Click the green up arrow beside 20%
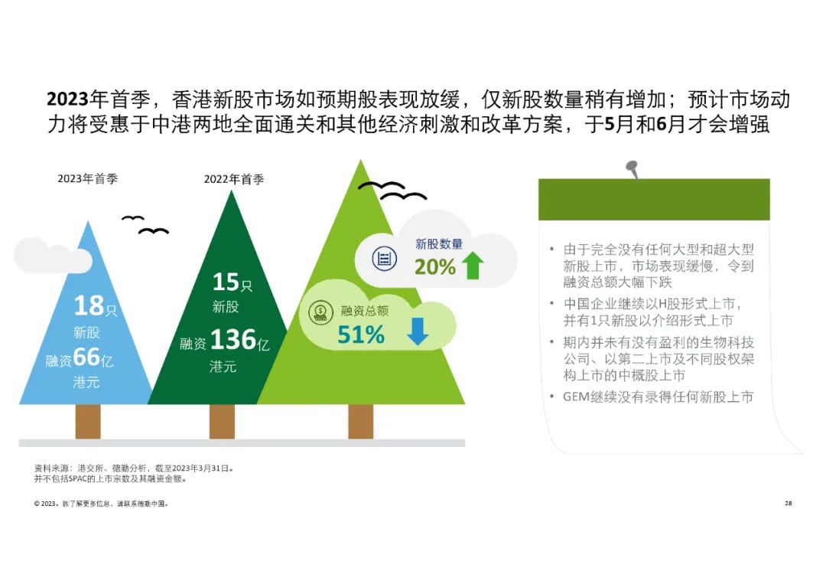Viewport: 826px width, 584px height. [x=473, y=266]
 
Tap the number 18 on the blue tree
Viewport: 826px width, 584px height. [x=89, y=305]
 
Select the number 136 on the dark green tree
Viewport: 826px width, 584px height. [x=233, y=339]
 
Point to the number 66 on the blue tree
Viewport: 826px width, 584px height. [x=86, y=357]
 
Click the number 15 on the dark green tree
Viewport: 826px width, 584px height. [x=226, y=282]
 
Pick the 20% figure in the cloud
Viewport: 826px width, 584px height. [x=434, y=267]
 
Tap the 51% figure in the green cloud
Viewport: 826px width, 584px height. [x=361, y=334]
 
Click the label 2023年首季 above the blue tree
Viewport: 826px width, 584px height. [x=87, y=178]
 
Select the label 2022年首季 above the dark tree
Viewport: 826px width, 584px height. [x=234, y=179]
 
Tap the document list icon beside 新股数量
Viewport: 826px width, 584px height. [x=385, y=259]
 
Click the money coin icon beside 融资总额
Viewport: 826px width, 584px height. [x=320, y=312]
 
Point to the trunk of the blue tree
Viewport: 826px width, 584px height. [x=88, y=422]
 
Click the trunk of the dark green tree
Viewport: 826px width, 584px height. [x=223, y=422]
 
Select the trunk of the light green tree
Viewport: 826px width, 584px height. [x=361, y=422]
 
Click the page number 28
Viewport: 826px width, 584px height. [x=788, y=504]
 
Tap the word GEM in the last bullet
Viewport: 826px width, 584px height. [x=576, y=397]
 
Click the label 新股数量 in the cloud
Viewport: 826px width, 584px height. [x=439, y=243]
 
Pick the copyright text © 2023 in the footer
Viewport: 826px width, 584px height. [x=45, y=504]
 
